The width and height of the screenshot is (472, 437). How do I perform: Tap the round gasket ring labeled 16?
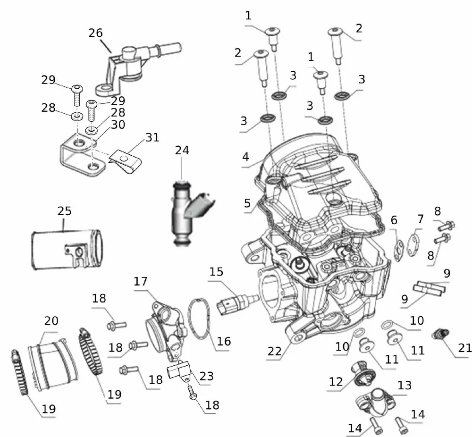click(201, 321)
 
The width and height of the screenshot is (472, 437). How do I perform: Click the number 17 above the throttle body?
click(141, 282)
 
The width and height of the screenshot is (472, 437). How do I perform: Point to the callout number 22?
click(275, 351)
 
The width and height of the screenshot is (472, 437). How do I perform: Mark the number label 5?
click(247, 203)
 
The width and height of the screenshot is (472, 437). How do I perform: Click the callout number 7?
click(420, 219)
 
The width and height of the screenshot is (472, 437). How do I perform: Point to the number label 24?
click(182, 151)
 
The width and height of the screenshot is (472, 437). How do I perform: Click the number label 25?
click(65, 210)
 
